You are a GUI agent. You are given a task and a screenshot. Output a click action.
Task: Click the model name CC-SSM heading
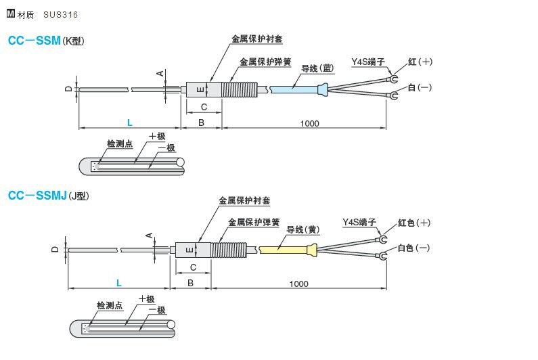pyautogui.click(x=34, y=41)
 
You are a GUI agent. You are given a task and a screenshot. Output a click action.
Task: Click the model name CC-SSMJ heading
pyautogui.click(x=37, y=196)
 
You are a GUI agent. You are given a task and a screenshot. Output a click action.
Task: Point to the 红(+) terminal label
pyautogui.click(x=420, y=62)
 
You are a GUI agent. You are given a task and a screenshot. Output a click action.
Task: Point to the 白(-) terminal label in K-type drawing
pyautogui.click(x=420, y=88)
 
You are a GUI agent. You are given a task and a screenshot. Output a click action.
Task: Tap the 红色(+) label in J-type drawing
pyautogui.click(x=413, y=223)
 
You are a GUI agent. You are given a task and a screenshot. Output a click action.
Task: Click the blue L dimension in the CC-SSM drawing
pyautogui.click(x=129, y=122)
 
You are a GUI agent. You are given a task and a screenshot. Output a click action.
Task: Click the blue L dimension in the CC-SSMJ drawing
pyautogui.click(x=118, y=282)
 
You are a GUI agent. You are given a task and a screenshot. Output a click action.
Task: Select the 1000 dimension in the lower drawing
pyautogui.click(x=298, y=284)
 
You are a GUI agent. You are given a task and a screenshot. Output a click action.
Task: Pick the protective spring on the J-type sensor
pyautogui.click(x=229, y=250)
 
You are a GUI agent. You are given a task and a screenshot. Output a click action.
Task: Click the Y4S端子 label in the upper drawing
pyautogui.click(x=367, y=62)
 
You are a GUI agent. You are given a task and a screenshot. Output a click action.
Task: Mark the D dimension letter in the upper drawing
pyautogui.click(x=68, y=89)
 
